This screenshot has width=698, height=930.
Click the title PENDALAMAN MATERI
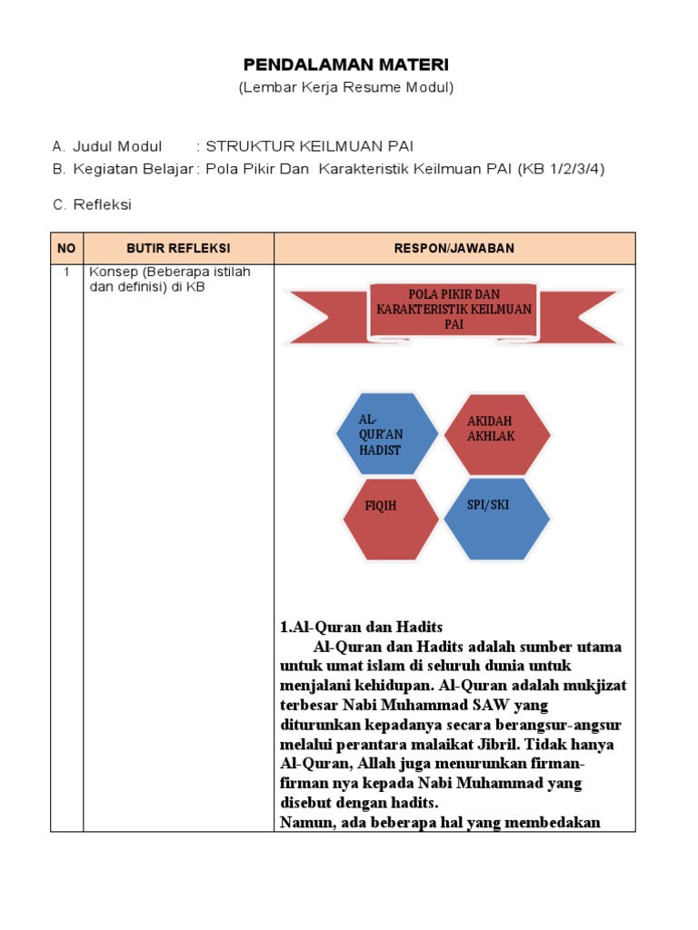345,65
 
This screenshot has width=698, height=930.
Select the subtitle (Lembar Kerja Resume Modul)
345,88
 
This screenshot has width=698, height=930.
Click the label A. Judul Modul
107,146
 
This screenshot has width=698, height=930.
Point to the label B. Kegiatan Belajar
123,169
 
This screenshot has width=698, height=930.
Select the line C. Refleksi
92,204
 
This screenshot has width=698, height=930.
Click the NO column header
66,248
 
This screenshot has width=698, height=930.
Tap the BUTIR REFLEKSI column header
178,248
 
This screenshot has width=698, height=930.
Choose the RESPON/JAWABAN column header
454,248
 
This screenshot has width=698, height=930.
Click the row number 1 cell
66,272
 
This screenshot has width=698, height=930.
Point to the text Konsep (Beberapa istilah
167,272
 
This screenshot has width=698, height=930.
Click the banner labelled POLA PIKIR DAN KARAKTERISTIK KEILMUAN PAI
454,310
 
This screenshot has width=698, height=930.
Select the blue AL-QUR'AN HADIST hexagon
387,434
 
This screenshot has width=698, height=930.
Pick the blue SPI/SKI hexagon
496,519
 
